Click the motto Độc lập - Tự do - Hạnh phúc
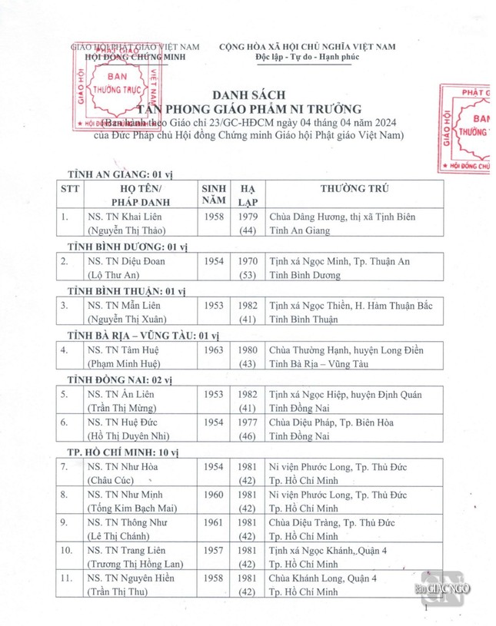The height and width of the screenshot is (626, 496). [x=307, y=58]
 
